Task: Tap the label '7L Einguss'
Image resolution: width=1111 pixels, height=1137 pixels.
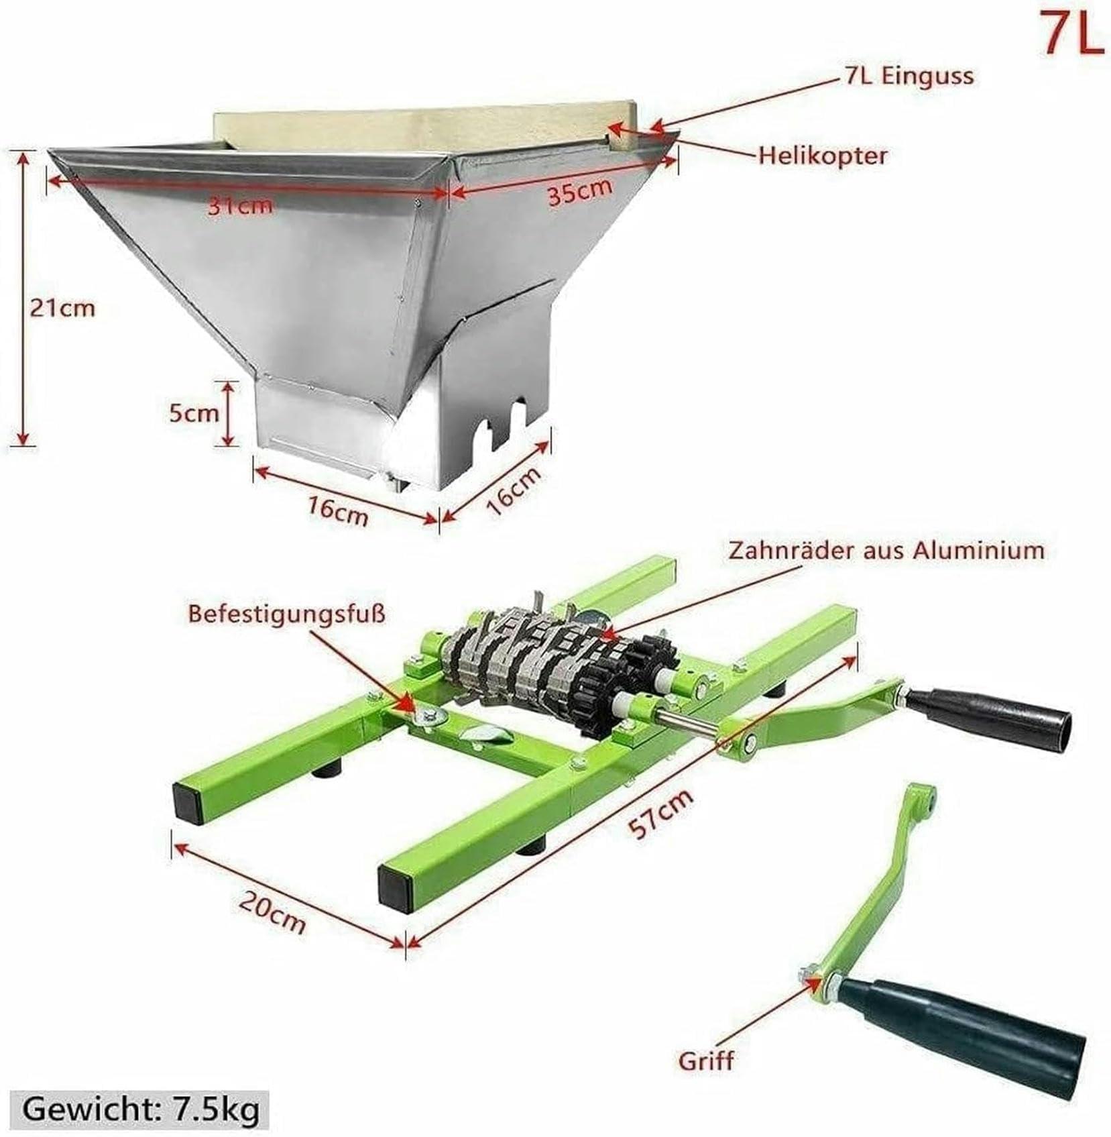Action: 909,76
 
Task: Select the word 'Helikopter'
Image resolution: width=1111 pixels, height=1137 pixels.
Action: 823,156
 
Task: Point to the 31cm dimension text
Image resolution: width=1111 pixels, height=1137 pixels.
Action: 240,205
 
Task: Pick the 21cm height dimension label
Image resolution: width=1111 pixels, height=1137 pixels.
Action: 62,308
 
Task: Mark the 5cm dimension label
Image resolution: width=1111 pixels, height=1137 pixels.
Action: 193,413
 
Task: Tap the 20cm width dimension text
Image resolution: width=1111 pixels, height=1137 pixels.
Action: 272,913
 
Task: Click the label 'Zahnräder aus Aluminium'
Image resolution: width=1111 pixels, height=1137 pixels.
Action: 886,551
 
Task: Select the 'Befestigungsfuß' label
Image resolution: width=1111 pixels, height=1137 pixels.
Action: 286,614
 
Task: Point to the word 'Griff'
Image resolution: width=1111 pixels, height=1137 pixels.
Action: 706,1061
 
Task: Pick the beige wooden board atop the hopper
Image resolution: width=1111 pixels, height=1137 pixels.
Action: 422,127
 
